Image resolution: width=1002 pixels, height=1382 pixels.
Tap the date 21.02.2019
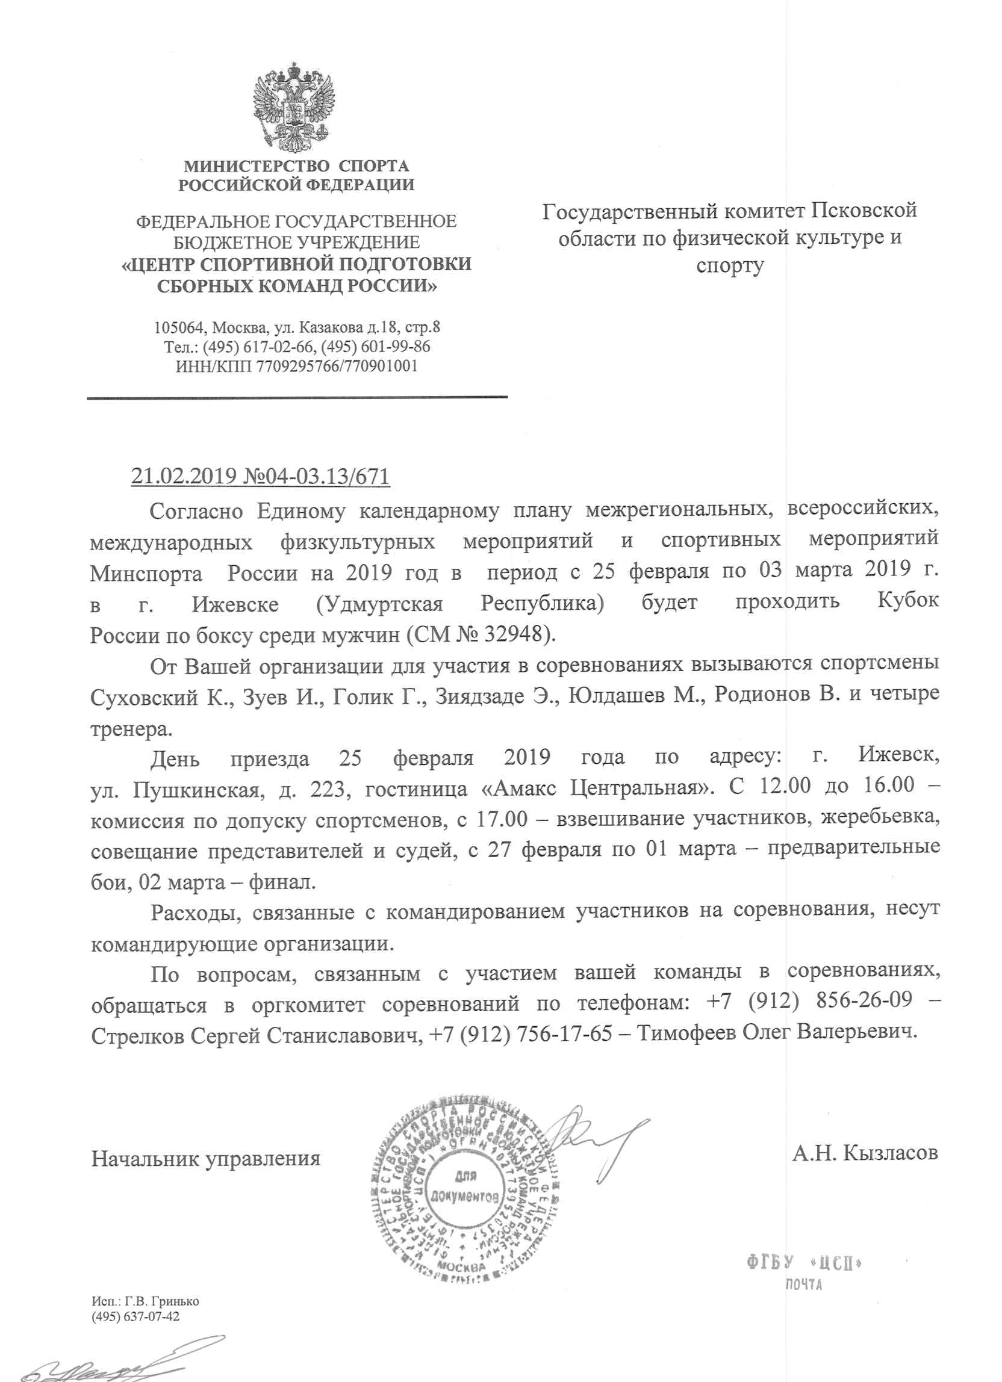[x=184, y=476]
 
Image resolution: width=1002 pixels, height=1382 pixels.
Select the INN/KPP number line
[x=296, y=366]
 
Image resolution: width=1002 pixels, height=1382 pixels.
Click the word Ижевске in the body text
[x=235, y=604]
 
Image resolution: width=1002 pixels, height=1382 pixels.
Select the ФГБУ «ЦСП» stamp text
[x=804, y=1263]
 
